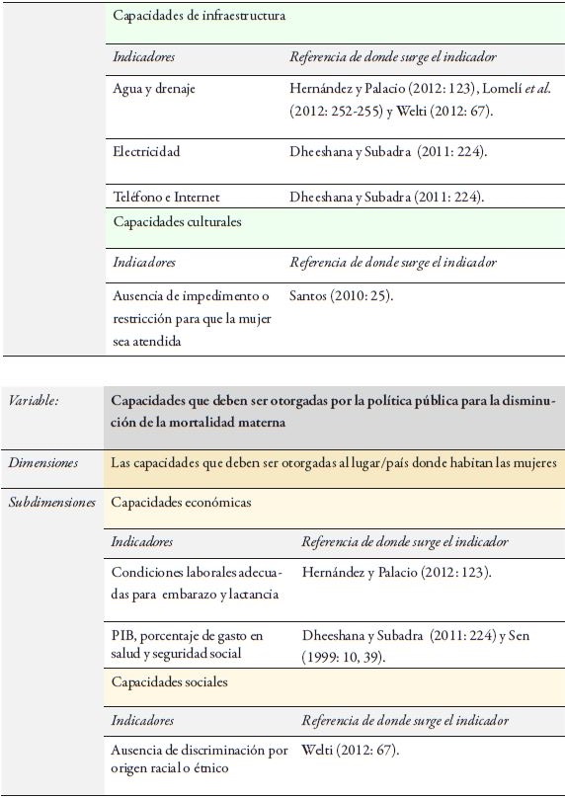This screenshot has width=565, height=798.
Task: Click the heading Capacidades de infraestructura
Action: click(x=199, y=17)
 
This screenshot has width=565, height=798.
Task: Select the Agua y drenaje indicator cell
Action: click(x=154, y=89)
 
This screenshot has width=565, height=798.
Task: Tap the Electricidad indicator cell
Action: click(x=146, y=152)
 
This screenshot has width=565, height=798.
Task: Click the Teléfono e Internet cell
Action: click(x=167, y=197)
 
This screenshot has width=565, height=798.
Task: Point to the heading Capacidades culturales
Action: click(x=177, y=222)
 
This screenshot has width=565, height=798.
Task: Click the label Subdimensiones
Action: click(x=52, y=503)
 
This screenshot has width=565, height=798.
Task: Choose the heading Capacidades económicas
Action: click(x=181, y=503)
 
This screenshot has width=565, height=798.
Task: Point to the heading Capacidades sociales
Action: click(x=169, y=682)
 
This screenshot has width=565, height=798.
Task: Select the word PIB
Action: click(x=123, y=635)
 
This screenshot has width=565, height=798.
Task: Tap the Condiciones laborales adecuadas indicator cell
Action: click(x=197, y=583)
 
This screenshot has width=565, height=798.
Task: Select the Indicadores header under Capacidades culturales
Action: click(x=144, y=263)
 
